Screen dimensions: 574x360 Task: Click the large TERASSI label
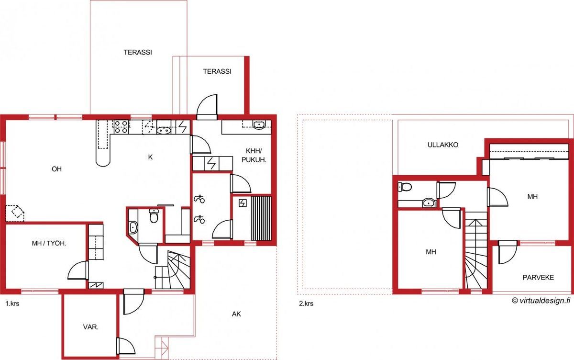(x=138, y=52)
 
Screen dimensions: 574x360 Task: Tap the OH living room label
(x=56, y=169)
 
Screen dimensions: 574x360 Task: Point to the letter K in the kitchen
(x=150, y=157)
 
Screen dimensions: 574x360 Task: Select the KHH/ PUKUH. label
(x=254, y=155)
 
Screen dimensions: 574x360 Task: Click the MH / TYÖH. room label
(x=49, y=243)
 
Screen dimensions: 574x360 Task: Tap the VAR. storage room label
(x=91, y=327)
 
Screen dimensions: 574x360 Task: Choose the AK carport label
(x=236, y=314)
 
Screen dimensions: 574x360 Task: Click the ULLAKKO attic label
(x=443, y=145)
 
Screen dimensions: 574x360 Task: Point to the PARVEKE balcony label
(x=538, y=277)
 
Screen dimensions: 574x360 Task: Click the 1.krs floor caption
(x=12, y=304)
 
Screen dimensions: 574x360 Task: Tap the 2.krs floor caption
(x=306, y=304)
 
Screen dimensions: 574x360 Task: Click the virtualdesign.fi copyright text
(x=541, y=301)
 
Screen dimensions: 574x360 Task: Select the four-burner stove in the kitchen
(x=121, y=127)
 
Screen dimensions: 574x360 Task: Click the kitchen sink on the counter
(x=164, y=131)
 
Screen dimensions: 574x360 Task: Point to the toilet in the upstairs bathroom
(x=405, y=187)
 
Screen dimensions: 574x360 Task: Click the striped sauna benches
(x=261, y=218)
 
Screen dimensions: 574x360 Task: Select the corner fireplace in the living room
(x=15, y=213)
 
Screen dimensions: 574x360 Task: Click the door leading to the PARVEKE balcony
(x=508, y=252)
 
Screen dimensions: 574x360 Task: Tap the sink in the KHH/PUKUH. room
(x=259, y=124)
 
